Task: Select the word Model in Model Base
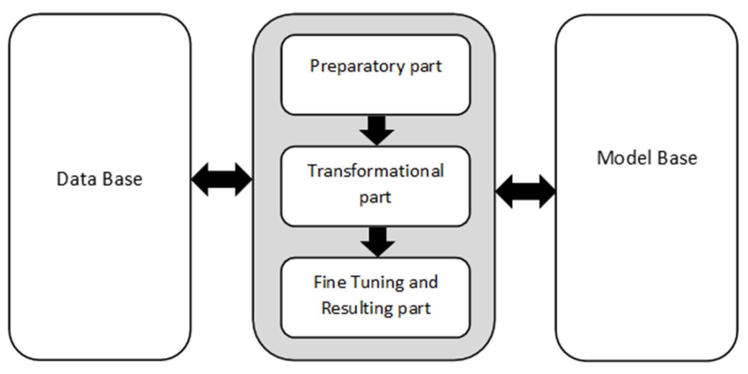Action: [x=622, y=158]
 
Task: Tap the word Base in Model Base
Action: [x=678, y=158]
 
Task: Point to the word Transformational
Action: [x=376, y=171]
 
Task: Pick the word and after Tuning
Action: [x=423, y=283]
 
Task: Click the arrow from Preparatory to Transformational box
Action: [x=377, y=130]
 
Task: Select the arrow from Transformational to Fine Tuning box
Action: [x=378, y=242]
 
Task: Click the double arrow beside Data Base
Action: [x=222, y=179]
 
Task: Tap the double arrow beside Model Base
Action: [x=525, y=191]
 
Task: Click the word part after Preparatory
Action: [x=426, y=67]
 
